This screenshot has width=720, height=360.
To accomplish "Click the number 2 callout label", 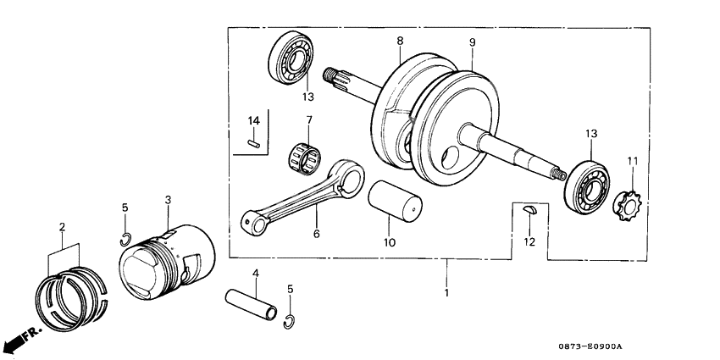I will [x=62, y=226].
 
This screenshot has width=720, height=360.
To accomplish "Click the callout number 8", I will [x=400, y=41].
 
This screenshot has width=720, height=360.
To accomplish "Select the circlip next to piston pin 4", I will [x=290, y=318].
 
